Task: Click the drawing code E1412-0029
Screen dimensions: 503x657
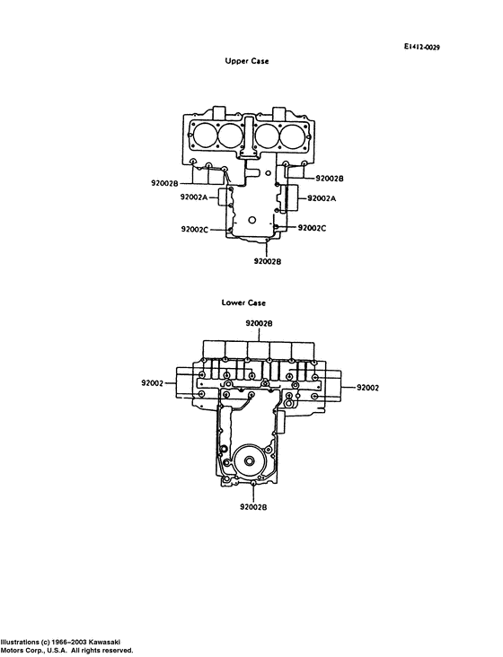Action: [x=421, y=48]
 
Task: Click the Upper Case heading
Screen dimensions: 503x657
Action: [x=246, y=61]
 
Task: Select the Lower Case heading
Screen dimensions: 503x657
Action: [x=243, y=302]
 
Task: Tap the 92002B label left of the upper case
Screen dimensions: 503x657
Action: [x=164, y=183]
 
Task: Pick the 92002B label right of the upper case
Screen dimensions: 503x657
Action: [x=330, y=179]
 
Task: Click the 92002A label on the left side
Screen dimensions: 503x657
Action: [x=194, y=197]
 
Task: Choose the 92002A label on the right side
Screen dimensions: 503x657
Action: [x=322, y=198]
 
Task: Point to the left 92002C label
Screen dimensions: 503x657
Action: [x=195, y=229]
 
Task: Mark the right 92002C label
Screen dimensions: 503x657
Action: [x=312, y=228]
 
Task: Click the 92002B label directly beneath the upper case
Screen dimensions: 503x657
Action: [x=268, y=261]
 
